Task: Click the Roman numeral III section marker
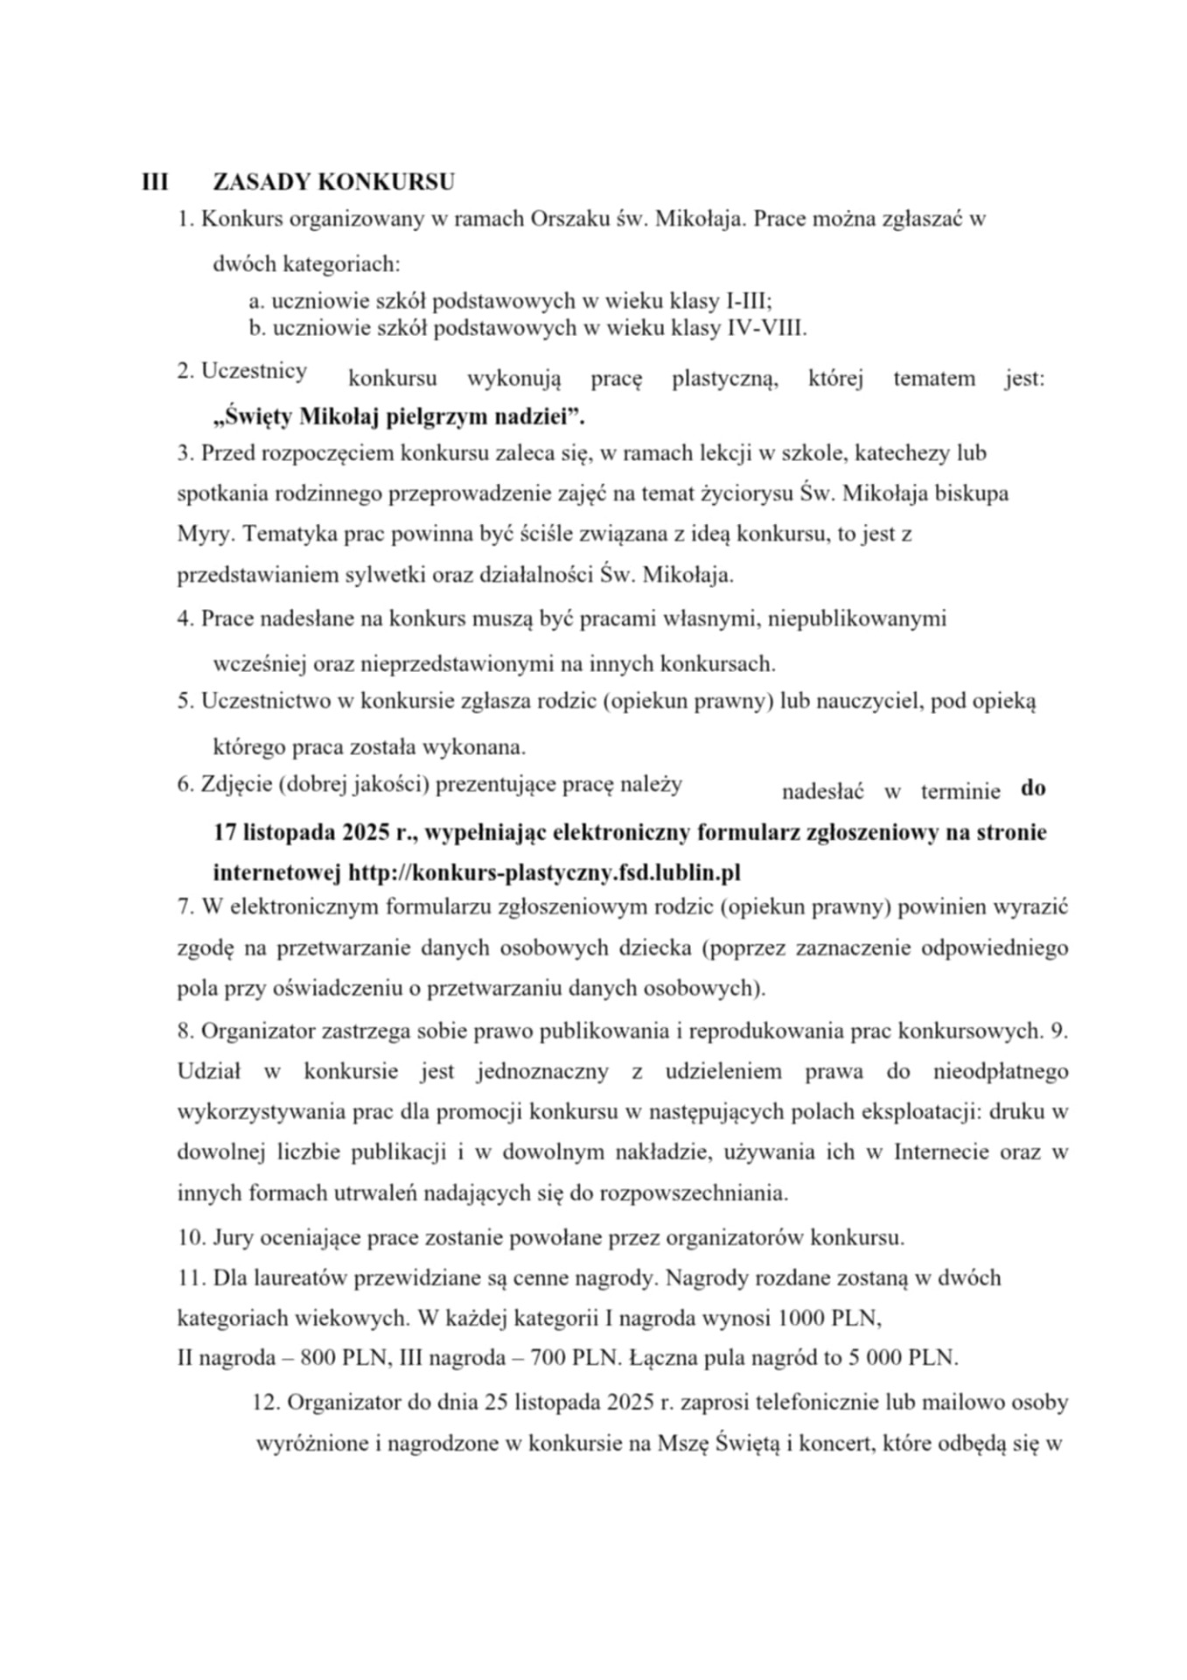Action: coord(154,182)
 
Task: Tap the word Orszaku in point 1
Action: coord(569,219)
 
